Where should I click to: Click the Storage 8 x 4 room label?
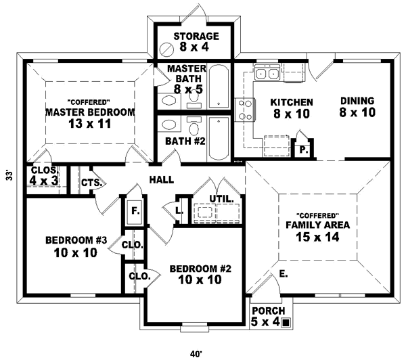coord(196,42)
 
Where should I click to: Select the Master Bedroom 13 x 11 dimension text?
coord(89,125)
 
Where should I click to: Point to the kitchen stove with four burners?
coord(244,108)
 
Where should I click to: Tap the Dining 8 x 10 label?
coord(358,107)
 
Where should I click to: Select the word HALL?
coord(162,180)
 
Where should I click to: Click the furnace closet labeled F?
coord(135,211)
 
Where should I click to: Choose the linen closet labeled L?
coord(179,210)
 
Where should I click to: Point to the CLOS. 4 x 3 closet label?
coord(43,176)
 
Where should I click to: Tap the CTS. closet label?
coord(91,183)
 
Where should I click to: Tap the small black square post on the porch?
coord(286,323)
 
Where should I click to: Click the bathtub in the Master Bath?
coord(218,87)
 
